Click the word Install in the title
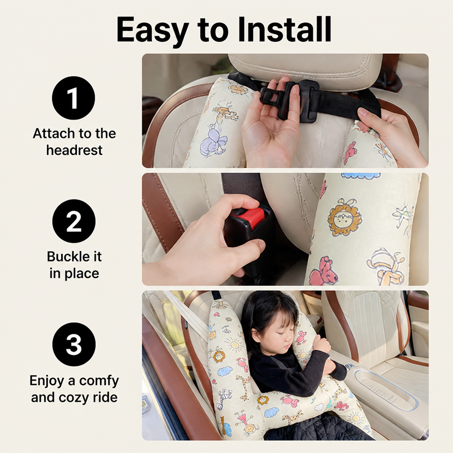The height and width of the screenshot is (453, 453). pyautogui.click(x=284, y=29)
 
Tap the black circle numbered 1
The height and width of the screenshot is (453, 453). pyautogui.click(x=73, y=98)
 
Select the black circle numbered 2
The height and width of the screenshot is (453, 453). pyautogui.click(x=74, y=221)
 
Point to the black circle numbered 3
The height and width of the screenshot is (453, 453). pyautogui.click(x=74, y=344)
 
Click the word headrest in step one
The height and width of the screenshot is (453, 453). pyautogui.click(x=74, y=150)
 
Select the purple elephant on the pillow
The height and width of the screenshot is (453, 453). pyautogui.click(x=212, y=141)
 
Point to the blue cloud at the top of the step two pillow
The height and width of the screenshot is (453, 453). pyautogui.click(x=361, y=176)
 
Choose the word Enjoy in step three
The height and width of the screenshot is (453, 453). pyautogui.click(x=47, y=381)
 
